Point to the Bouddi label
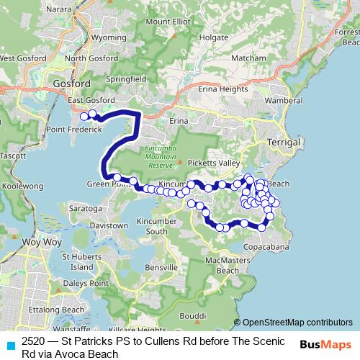(193, 316)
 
